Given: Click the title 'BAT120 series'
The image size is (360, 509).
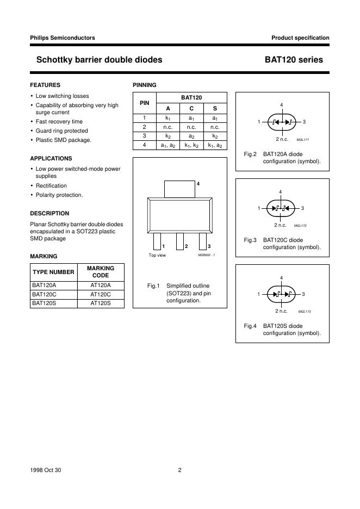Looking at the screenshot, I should point(294,60).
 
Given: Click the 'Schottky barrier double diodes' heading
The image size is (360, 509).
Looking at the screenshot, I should point(99,60).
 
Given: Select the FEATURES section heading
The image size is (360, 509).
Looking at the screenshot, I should point(45,85).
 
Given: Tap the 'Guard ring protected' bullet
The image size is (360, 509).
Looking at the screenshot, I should point(61,131).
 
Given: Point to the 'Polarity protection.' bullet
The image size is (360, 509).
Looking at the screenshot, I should point(59,195).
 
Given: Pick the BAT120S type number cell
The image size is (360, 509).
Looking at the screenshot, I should point(45,303).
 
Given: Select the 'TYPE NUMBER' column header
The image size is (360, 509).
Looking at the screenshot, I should point(53,272).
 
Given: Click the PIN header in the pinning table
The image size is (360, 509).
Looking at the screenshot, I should point(145,102).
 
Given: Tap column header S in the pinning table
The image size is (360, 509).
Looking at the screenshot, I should point(215,108).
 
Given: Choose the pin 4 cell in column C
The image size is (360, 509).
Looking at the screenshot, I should point(191,145).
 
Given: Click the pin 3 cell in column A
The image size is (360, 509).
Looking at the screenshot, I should point(168,136).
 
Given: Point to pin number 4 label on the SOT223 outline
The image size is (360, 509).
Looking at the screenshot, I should point(198,184).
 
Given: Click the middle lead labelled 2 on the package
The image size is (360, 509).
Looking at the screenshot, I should point(179,240).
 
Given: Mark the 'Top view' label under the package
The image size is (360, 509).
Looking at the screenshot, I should point(157,255).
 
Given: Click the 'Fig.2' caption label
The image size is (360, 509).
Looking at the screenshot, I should point(250,154).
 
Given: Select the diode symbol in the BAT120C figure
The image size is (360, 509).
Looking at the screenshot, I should point(281,208).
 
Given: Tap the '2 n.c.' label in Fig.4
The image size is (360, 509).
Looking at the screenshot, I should point(281,311).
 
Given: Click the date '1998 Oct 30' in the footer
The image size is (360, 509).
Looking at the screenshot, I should point(46,470).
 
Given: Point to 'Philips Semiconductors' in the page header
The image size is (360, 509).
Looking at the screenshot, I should point(63,38).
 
